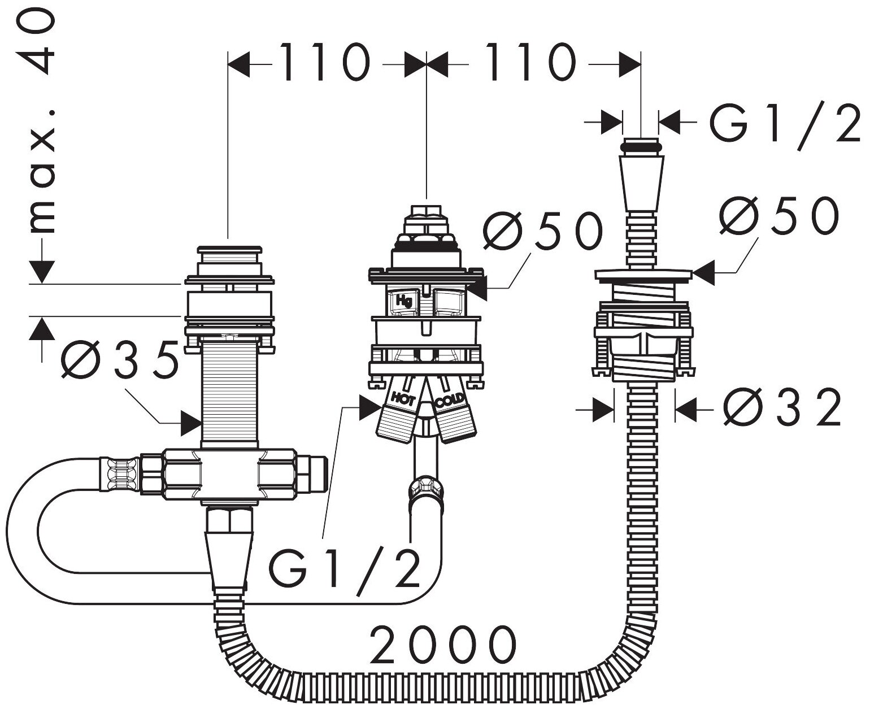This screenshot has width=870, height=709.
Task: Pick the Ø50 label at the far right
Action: click(x=780, y=216)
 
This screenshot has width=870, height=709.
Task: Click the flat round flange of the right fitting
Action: click(x=643, y=275)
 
